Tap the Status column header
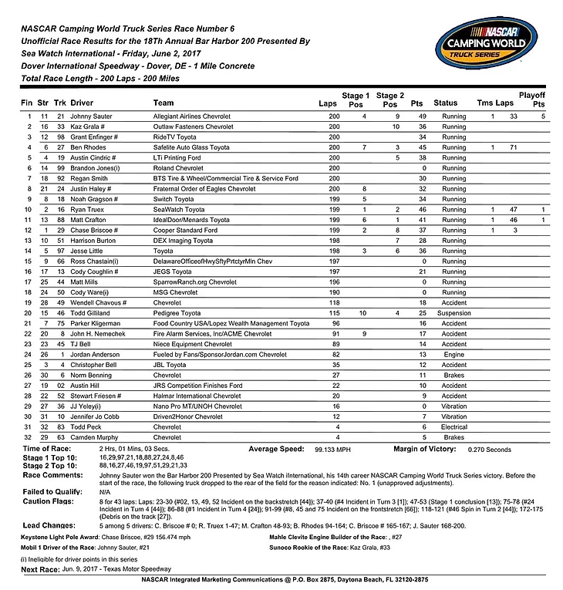pos(446,102)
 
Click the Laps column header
pos(327,102)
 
